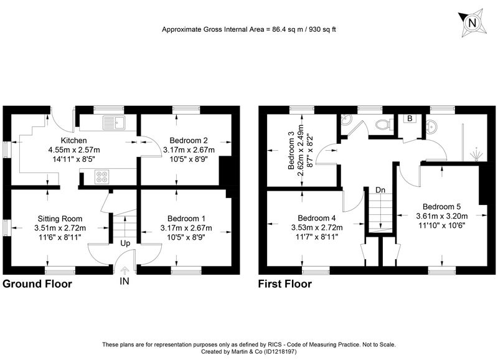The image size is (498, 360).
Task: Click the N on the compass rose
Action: tap(472, 23)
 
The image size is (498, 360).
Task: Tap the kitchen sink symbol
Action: tap(115, 123)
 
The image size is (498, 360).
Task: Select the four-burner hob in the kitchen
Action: tap(102, 177)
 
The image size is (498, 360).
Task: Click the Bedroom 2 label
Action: tap(189, 140)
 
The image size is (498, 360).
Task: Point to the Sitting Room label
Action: tap(60, 219)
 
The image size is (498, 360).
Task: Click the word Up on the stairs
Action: tap(125, 244)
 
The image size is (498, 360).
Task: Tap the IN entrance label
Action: tap(125, 281)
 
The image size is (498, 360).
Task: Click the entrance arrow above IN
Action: tap(125, 271)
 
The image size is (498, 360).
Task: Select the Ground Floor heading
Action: tap(37, 284)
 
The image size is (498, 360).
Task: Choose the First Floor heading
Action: tap(285, 284)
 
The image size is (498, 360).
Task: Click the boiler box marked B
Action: tap(410, 118)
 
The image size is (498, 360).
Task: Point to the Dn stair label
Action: tap(380, 190)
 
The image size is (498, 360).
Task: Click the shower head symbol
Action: tap(476, 154)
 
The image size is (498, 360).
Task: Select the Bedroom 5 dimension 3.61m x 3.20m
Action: tap(442, 216)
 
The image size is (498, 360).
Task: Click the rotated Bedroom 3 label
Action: tap(291, 151)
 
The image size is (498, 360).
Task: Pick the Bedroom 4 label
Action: tap(317, 218)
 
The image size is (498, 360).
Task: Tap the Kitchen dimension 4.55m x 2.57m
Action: tap(73, 149)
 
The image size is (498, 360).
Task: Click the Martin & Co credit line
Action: tap(248, 352)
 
